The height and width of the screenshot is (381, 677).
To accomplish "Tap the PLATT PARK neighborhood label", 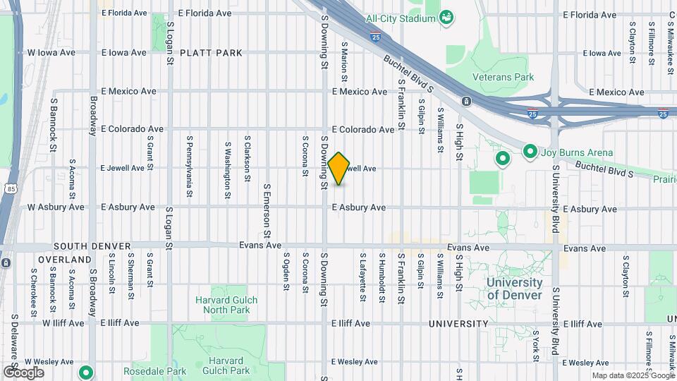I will coord(211,53).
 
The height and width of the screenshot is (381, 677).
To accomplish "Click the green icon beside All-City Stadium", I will coord(446,16).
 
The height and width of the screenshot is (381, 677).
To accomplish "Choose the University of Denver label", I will coord(514,289).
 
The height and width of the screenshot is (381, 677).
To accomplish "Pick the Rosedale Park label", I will coord(154,370).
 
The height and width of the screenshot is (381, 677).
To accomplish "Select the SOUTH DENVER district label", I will coord(92,246).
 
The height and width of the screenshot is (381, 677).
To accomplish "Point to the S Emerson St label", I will coord(267,210).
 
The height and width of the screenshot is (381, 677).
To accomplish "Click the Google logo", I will coord(23,373).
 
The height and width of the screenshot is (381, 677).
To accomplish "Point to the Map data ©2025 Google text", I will coord(633,376).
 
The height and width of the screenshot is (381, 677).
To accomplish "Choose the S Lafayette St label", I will coord(362,277).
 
